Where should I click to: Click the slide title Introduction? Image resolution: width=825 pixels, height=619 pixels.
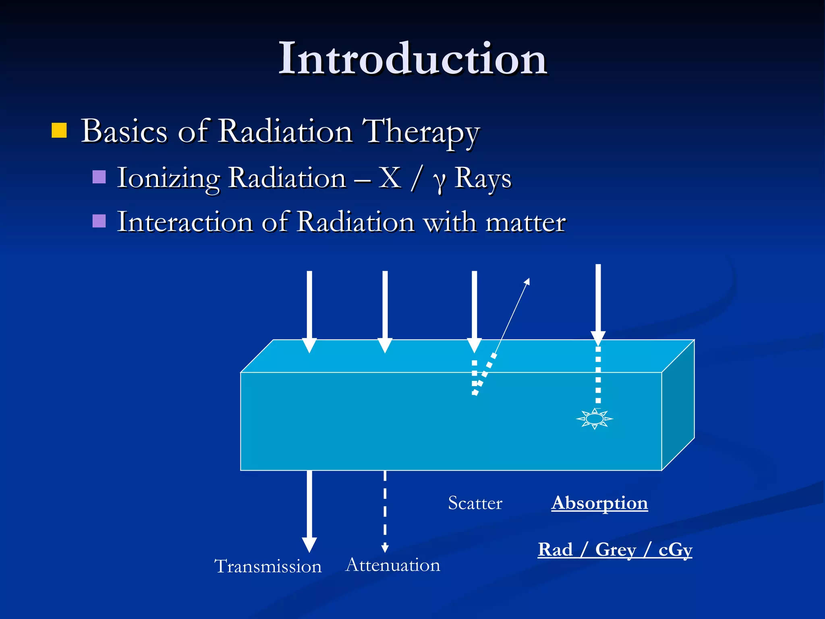pos(412,59)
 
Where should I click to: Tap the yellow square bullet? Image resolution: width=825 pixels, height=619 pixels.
pos(59,131)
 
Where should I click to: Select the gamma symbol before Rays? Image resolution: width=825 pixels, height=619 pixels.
pos(439,180)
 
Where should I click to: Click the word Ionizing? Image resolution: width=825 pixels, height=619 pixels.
pos(168,178)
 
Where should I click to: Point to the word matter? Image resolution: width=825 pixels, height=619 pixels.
pos(525,222)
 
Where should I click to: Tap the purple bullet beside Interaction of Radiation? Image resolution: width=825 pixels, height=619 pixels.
pos(99,221)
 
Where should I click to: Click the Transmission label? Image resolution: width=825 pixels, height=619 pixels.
pos(268,566)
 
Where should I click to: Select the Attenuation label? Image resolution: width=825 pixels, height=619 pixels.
pos(393,565)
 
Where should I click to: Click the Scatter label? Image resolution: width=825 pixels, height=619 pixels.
pos(475,503)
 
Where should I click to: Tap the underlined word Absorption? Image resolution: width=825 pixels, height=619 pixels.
pos(599,503)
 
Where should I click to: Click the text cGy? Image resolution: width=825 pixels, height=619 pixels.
pos(675,550)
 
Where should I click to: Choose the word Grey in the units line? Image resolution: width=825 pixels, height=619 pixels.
pos(616,550)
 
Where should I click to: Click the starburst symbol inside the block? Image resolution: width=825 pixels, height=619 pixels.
pos(595,419)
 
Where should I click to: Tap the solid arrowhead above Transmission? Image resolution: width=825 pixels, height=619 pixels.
pos(309,545)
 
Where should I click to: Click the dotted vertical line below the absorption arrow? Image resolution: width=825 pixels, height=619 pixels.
pos(598,375)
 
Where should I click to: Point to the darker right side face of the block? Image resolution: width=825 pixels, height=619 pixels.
pos(678,405)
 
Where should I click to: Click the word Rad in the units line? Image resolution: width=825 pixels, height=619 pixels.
pos(555,550)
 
